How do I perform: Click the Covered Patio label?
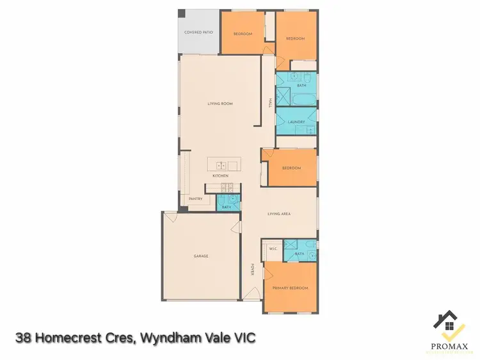point(198,32)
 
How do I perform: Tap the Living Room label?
point(220,104)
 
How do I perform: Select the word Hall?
point(271,104)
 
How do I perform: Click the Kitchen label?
point(220,176)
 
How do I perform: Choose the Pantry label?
point(196,199)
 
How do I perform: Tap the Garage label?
point(201,256)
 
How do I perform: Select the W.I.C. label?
point(272,248)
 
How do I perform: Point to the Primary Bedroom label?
point(291,288)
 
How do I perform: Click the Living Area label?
point(279,214)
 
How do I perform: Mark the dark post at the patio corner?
point(181,13)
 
